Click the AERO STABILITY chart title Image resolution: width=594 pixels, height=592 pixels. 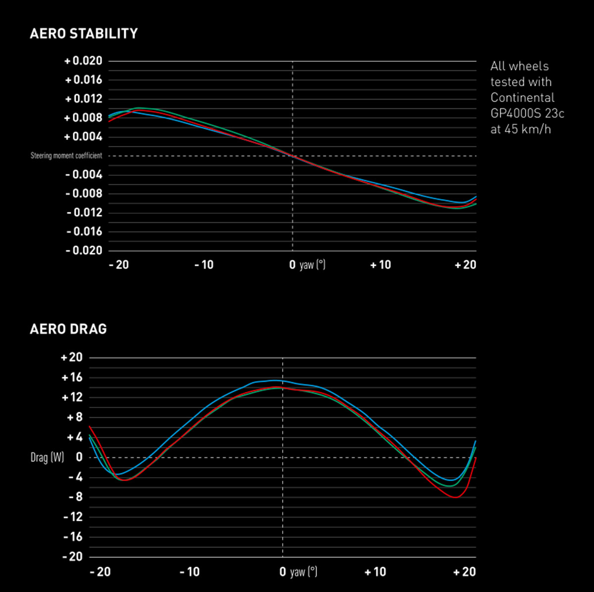84,34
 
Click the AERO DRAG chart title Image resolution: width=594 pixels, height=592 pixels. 68,329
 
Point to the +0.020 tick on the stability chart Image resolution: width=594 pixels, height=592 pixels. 83,61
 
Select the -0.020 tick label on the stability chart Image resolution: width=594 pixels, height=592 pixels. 84,250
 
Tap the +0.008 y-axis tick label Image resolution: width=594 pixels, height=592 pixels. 83,118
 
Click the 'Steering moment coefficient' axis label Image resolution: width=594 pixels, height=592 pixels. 66,155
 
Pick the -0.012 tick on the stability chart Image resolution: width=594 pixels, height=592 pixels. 84,213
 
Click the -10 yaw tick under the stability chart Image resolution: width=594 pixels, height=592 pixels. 204,265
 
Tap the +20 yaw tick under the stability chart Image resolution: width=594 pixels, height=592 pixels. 465,265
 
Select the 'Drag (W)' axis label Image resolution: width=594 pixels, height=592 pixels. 48,457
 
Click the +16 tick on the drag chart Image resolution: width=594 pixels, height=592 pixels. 72,378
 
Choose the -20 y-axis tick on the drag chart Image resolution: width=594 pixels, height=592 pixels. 72,557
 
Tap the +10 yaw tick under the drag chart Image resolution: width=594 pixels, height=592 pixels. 375,572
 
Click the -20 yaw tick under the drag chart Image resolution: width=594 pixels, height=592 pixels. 100,572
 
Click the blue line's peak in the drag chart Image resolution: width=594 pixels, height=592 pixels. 274,380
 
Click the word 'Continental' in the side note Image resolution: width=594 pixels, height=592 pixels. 522,98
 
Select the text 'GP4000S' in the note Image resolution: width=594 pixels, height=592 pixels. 515,113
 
